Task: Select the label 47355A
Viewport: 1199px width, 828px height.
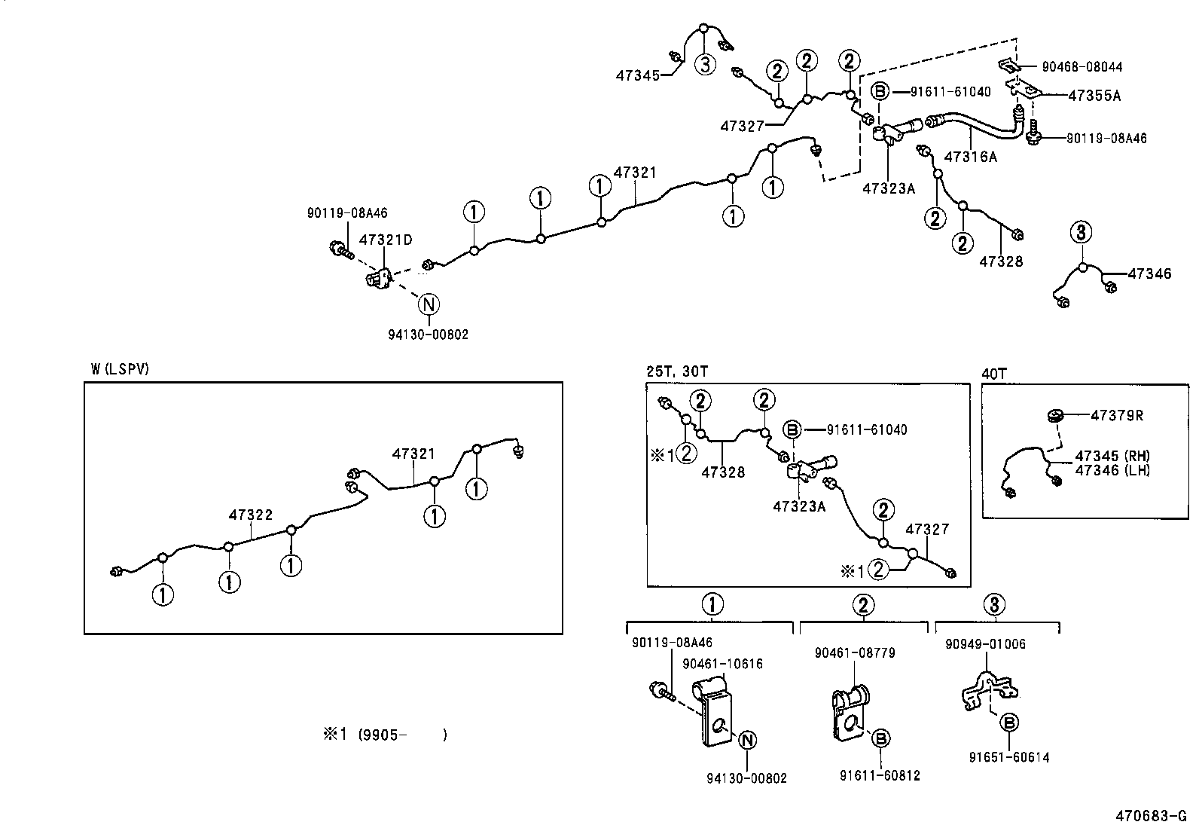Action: (x=1094, y=96)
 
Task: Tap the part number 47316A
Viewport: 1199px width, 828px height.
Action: (x=970, y=157)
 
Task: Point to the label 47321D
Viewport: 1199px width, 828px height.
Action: (x=386, y=240)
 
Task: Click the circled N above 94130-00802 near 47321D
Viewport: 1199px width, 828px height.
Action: (x=429, y=304)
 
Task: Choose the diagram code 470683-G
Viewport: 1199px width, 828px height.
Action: (x=1150, y=816)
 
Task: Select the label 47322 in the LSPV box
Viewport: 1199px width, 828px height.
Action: (x=251, y=515)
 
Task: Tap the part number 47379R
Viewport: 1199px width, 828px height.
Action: (x=1117, y=415)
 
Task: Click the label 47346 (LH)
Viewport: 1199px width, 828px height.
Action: (x=1112, y=470)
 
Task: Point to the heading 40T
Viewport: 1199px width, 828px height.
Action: (x=994, y=372)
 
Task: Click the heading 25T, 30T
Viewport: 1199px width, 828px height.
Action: (x=677, y=371)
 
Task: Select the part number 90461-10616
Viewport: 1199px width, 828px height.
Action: (x=722, y=664)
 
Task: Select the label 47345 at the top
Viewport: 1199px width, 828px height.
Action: (x=637, y=75)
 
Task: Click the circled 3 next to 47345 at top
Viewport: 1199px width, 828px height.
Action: (x=704, y=65)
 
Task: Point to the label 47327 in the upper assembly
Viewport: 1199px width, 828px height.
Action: (x=743, y=126)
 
